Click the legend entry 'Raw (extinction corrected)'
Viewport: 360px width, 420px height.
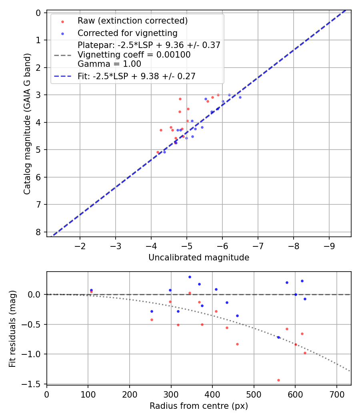132,21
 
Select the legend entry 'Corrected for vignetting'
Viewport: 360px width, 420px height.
127,33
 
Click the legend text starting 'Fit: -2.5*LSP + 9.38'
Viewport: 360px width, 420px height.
136,76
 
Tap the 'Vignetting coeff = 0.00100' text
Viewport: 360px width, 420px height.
134,55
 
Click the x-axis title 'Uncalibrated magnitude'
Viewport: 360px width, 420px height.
199,258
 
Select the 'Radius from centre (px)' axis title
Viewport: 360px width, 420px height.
199,406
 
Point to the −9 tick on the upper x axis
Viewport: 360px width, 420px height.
329,245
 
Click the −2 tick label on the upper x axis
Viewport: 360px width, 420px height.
80,245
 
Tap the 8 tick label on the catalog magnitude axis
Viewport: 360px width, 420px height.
38,232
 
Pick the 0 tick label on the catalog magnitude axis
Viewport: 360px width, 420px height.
38,13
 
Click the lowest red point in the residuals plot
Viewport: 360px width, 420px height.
278,380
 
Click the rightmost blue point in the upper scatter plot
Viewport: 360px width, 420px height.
240,97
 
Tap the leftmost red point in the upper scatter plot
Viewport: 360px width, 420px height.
158,152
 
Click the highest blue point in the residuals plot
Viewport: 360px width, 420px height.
190,277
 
